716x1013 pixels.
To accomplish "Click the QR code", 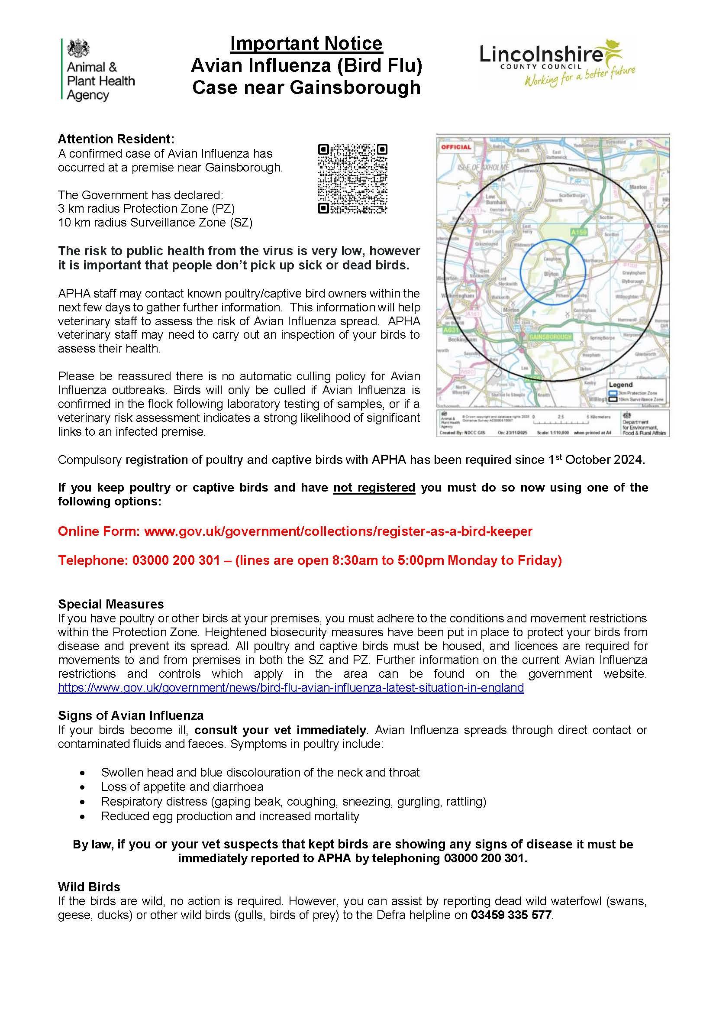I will [x=353, y=179].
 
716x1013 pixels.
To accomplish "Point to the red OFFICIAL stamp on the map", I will [x=456, y=147].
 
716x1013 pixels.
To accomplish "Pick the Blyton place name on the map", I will [x=551, y=274].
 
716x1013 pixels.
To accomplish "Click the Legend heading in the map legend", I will [x=620, y=385].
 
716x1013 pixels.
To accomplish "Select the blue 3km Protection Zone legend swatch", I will [x=612, y=393].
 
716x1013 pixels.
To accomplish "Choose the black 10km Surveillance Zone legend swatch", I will [x=612, y=399].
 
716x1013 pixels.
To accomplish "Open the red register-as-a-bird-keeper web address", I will [x=338, y=531].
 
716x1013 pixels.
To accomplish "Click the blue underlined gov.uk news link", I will [x=291, y=687].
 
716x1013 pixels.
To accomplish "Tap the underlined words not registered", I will [x=374, y=488].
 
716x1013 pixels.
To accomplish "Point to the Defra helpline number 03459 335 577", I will [x=511, y=915].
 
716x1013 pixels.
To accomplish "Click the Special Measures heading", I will [x=111, y=604].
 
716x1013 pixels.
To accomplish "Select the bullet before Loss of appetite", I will [x=82, y=786].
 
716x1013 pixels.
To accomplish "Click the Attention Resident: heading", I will [x=116, y=139].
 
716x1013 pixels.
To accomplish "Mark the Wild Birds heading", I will [x=89, y=887].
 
